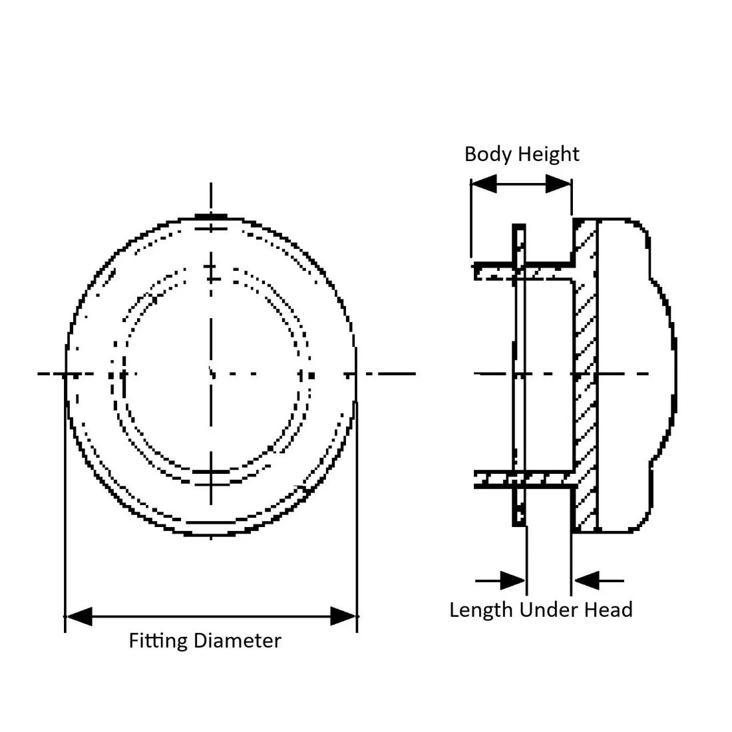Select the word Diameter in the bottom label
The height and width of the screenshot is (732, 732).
pyautogui.click(x=237, y=641)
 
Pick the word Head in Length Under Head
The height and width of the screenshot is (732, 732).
pyautogui.click(x=608, y=610)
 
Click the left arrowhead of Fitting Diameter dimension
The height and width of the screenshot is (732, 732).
pyautogui.click(x=79, y=616)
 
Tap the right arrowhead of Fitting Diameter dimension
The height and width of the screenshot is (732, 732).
pyautogui.click(x=344, y=616)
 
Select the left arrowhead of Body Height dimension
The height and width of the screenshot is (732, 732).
pyautogui.click(x=484, y=184)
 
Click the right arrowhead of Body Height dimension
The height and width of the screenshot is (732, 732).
pyautogui.click(x=558, y=184)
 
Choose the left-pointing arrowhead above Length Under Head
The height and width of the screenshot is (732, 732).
pyautogui.click(x=587, y=580)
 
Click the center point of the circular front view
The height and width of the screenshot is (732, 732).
pyautogui.click(x=212, y=374)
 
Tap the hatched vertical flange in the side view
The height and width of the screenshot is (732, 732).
pyautogui.click(x=586, y=373)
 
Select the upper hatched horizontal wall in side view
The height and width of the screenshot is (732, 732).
pyautogui.click(x=522, y=272)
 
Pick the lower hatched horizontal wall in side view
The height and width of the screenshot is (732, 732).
pyautogui.click(x=522, y=478)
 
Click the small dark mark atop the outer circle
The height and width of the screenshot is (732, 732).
pyautogui.click(x=212, y=216)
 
